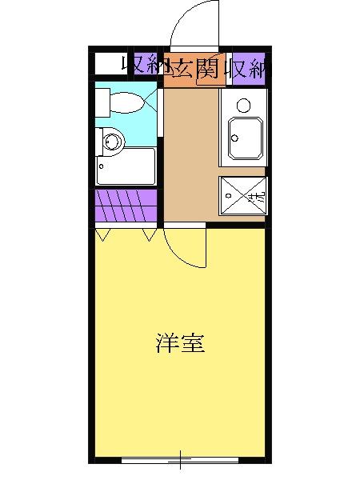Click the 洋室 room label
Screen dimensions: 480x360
[x=180, y=344]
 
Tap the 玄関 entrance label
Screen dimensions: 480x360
[x=192, y=67]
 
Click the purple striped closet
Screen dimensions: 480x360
[x=126, y=206]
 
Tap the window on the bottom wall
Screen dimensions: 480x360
[x=180, y=460]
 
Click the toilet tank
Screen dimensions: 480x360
[x=102, y=102]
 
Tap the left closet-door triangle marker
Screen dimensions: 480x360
[x=102, y=234]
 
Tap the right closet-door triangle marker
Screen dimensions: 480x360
[x=149, y=234]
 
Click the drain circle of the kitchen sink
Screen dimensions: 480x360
[x=235, y=138]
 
